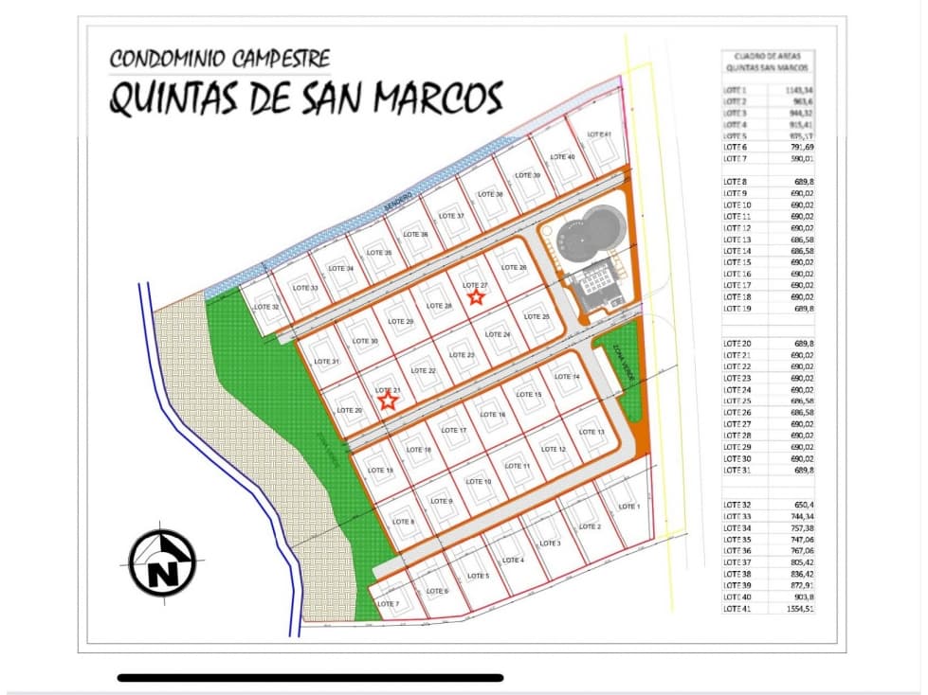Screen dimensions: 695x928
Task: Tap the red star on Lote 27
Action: click(476, 296)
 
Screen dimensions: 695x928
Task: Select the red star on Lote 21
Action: click(387, 401)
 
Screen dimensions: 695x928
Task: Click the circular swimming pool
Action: click(589, 234)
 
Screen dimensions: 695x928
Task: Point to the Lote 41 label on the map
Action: click(599, 134)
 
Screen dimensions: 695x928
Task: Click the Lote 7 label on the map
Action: click(388, 603)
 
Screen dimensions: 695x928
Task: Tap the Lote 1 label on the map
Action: click(628, 507)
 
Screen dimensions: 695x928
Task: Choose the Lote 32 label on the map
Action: click(267, 308)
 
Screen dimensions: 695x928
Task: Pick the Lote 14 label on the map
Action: click(567, 377)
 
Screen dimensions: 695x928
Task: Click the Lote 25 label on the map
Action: click(537, 316)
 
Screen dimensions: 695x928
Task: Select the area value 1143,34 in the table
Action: click(798, 89)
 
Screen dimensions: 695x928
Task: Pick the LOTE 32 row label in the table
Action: click(737, 505)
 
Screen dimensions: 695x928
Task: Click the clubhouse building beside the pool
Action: click(596, 281)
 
